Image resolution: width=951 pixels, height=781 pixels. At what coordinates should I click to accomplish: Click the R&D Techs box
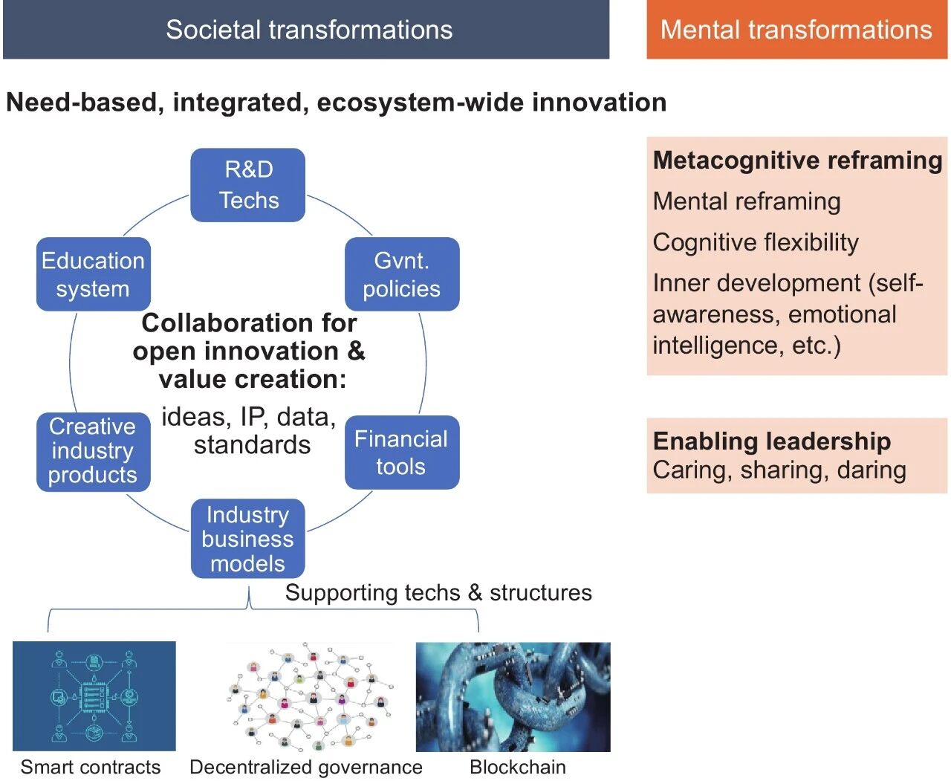pyautogui.click(x=248, y=185)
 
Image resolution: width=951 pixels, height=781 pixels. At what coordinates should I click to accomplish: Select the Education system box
pyautogui.click(x=94, y=274)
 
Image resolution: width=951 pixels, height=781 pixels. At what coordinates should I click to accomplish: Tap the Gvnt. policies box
pyautogui.click(x=402, y=274)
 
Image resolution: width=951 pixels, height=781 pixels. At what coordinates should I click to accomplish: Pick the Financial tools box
pyautogui.click(x=402, y=452)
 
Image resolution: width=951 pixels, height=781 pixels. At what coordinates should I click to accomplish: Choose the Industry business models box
pyautogui.click(x=248, y=539)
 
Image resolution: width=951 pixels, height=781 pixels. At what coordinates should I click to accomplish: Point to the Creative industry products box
pyautogui.click(x=94, y=451)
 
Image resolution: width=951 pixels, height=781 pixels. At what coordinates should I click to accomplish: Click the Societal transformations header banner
pyautogui.click(x=306, y=30)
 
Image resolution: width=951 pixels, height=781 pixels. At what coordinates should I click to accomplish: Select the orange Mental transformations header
pyautogui.click(x=796, y=30)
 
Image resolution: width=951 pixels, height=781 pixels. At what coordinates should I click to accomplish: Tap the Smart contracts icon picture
pyautogui.click(x=94, y=696)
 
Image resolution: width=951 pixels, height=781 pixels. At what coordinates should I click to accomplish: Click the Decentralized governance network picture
pyautogui.click(x=309, y=697)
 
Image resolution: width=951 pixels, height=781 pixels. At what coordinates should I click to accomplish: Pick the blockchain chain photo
pyautogui.click(x=513, y=697)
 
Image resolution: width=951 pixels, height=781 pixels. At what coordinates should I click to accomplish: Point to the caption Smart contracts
pyautogui.click(x=91, y=767)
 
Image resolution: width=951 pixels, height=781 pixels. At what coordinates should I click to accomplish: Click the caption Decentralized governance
pyautogui.click(x=306, y=767)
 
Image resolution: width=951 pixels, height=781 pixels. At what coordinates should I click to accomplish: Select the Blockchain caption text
pyautogui.click(x=518, y=767)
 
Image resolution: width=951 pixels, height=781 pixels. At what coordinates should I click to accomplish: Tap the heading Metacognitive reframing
pyautogui.click(x=797, y=161)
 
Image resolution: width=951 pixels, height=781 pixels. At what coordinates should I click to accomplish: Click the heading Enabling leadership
pyautogui.click(x=772, y=441)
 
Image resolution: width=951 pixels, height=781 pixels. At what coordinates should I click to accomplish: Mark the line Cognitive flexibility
pyautogui.click(x=756, y=242)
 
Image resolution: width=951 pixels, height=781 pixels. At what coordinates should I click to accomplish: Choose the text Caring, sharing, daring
pyautogui.click(x=779, y=470)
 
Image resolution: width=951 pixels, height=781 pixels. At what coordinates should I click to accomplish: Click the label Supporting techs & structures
pyautogui.click(x=438, y=592)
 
